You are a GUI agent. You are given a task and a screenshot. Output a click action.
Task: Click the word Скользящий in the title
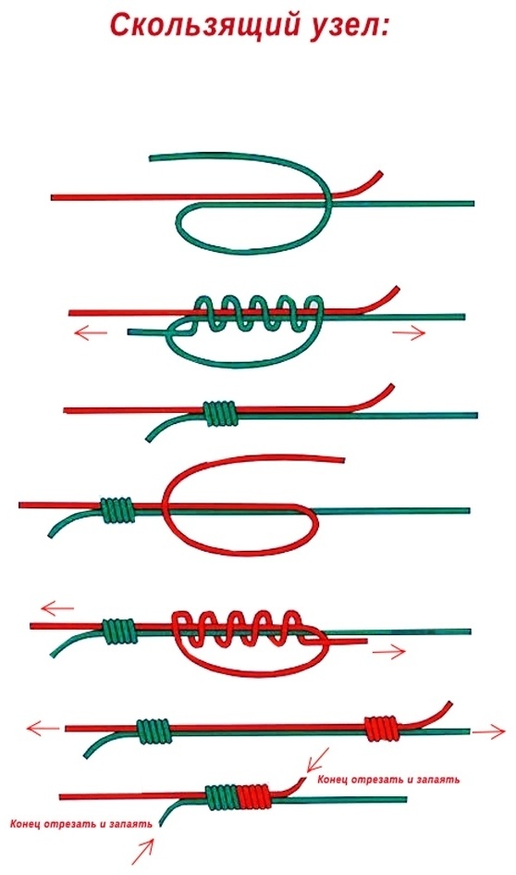coord(203,26)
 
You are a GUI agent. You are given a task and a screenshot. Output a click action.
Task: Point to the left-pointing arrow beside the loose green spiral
coord(91,333)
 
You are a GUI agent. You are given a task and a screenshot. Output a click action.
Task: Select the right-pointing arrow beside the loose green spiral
coord(409,333)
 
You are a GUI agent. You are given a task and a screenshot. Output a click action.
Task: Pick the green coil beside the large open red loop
coord(117,510)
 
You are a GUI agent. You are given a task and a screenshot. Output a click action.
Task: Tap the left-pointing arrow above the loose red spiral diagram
coord(56,607)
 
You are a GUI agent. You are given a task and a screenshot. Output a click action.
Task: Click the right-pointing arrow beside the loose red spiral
coord(389,651)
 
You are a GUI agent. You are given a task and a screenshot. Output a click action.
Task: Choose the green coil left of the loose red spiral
coord(118,631)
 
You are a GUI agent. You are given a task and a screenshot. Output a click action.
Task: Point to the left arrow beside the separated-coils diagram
coord(43,728)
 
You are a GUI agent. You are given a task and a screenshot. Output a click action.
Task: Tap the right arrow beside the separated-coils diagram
coord(488,731)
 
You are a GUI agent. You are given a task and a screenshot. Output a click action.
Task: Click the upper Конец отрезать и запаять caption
coord(388,779)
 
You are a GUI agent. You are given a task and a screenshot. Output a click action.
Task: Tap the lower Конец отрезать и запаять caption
coord(81,824)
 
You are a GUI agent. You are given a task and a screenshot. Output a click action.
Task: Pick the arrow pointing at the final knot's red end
coord(317,760)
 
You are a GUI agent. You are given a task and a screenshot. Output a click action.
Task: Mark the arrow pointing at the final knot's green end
coord(142,852)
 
